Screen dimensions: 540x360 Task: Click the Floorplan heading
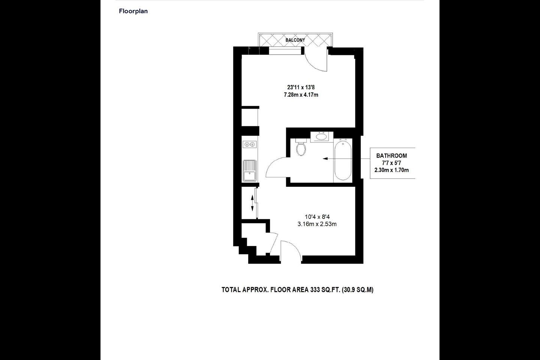[x=133, y=11]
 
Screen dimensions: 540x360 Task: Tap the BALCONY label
[x=295, y=40]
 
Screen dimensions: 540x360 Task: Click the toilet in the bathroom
[x=301, y=147]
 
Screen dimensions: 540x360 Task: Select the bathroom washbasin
[x=322, y=137]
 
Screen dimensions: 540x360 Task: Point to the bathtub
[x=343, y=160]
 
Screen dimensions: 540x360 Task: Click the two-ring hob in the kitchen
[x=249, y=144]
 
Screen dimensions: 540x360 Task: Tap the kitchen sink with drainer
[x=250, y=171]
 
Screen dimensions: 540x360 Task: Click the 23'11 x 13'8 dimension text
[x=301, y=87]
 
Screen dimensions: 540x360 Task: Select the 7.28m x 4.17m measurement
[x=301, y=95]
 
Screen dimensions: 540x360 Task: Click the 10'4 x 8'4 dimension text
[x=317, y=217]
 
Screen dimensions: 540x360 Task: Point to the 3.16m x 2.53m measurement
[x=317, y=224]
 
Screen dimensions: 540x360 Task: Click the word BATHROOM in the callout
[x=391, y=156]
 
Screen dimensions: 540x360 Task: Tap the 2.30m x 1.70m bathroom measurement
[x=391, y=170]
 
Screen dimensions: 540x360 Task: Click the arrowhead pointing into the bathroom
[x=325, y=159]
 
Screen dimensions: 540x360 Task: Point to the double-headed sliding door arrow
[x=252, y=203]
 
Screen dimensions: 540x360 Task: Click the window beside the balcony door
[x=285, y=51]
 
